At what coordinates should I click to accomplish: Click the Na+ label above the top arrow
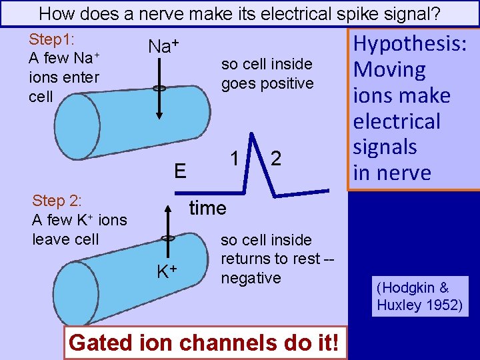pyautogui.click(x=164, y=46)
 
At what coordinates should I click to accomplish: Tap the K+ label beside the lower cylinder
pyautogui.click(x=166, y=271)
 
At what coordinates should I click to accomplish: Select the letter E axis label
pyautogui.click(x=180, y=172)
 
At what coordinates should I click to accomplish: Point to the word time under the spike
pyautogui.click(x=207, y=208)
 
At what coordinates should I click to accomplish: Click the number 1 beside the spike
pyautogui.click(x=235, y=159)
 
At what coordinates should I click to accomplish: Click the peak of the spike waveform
pyautogui.click(x=253, y=137)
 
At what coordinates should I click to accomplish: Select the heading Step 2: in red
pyautogui.click(x=57, y=201)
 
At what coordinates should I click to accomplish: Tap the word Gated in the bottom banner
pyautogui.click(x=97, y=343)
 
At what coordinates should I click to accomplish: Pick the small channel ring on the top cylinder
pyautogui.click(x=159, y=88)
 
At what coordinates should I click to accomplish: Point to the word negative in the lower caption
pyautogui.click(x=251, y=277)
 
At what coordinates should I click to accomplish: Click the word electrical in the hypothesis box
pyautogui.click(x=397, y=121)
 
